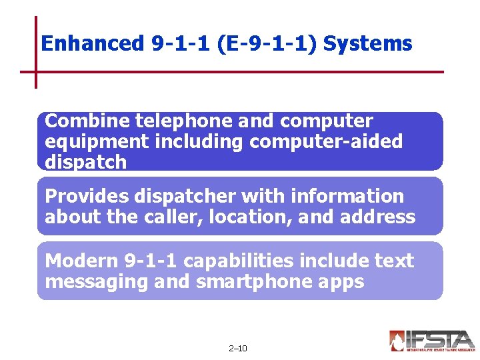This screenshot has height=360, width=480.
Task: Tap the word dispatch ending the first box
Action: [x=85, y=162]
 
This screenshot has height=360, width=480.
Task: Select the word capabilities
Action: [x=257, y=261]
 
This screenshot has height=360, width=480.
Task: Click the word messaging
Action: [x=96, y=282]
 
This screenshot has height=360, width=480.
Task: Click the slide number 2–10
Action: [x=237, y=348]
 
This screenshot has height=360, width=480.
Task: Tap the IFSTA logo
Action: [x=431, y=340]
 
